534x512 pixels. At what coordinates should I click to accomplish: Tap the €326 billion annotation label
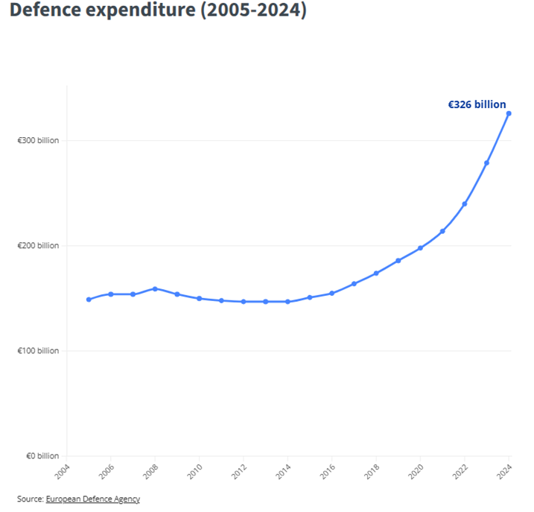[x=477, y=105]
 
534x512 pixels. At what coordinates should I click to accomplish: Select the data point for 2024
[x=509, y=113]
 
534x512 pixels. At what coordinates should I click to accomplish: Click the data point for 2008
[x=155, y=288]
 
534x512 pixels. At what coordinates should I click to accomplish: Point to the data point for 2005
[x=89, y=300]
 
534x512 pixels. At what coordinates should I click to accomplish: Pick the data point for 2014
[x=287, y=302]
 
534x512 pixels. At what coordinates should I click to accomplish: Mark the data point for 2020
[x=420, y=248]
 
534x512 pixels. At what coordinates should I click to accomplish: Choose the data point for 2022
[x=465, y=203]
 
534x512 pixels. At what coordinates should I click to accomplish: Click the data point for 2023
[x=486, y=162]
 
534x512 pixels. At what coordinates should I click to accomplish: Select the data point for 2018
[x=376, y=273]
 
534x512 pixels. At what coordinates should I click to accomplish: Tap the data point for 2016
[x=332, y=293]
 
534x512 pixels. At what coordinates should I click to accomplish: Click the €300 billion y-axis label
[x=38, y=141]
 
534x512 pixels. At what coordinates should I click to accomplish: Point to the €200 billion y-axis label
[x=38, y=246]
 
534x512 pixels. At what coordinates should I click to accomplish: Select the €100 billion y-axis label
[x=38, y=351]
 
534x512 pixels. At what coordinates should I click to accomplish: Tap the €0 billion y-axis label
[x=41, y=456]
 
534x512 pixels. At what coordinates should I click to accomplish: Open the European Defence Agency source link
[x=92, y=499]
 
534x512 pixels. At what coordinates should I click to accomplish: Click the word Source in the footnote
[x=30, y=499]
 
